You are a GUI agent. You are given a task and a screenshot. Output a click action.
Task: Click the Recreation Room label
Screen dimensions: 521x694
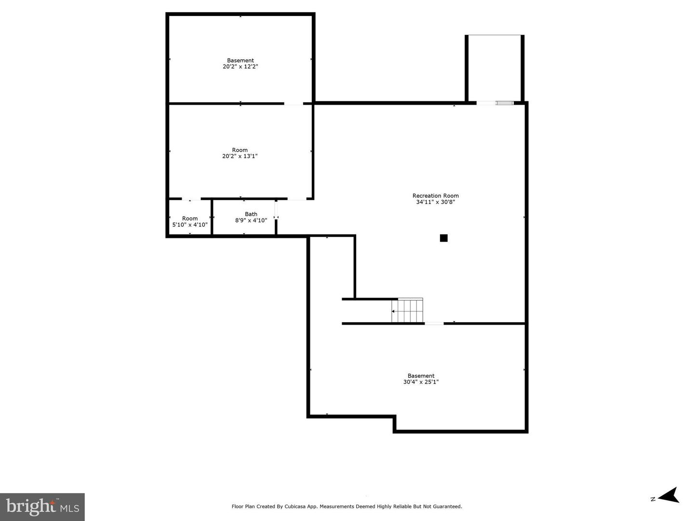435,196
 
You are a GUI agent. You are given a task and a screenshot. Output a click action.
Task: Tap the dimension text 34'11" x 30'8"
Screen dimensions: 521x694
435,202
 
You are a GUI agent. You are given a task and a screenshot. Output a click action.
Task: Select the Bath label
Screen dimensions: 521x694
251,214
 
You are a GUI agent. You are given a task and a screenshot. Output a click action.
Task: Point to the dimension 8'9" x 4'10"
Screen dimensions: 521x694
251,220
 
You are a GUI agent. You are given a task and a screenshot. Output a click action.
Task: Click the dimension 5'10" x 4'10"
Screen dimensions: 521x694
190,225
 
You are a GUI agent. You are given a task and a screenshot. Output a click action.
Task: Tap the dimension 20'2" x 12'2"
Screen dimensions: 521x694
240,67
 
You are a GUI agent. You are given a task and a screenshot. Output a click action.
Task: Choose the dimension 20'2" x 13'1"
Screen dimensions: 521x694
240,156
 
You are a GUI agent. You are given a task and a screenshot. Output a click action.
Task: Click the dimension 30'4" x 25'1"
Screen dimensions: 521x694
421,382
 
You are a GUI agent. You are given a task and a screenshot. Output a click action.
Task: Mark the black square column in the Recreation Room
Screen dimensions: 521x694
444,238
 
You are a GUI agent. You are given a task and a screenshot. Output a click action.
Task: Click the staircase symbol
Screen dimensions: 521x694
407,311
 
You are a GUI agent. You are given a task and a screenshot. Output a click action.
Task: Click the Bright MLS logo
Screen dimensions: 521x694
42,507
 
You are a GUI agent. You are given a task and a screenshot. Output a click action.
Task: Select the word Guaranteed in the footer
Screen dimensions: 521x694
447,507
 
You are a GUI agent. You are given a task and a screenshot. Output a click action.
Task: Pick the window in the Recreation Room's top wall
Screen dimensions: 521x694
505,103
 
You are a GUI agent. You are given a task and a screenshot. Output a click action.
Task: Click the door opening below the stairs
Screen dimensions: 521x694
434,323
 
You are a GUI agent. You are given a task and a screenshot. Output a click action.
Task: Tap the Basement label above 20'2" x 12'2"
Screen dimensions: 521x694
240,61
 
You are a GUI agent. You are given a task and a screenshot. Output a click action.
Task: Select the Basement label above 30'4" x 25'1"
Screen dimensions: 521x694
421,376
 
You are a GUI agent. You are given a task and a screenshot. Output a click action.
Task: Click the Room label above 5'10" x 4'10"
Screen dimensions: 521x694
190,219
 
